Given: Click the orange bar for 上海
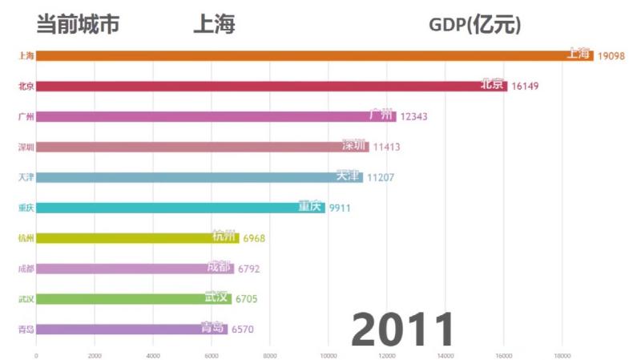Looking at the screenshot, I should pos(312,55).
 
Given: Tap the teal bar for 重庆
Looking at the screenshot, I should pos(180,208).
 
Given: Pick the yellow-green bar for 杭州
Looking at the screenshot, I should pos(136,238).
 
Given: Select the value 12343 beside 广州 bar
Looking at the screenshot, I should pos(413,116).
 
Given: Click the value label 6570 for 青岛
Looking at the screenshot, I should pos(245,330).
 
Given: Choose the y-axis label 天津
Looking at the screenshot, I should pos(26,177).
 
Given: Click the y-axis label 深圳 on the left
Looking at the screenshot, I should pos(26,147).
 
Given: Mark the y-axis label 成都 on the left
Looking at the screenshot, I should pos(26,269).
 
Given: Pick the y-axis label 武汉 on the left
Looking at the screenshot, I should pos(26,299).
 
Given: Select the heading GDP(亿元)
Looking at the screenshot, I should pos(474,25).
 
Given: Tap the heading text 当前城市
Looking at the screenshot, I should pos(78,25).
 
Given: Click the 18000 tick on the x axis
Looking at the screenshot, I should pos(562,354).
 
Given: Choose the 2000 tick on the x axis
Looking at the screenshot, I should pos(95,354).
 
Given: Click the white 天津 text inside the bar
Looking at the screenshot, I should pos(349,176).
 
